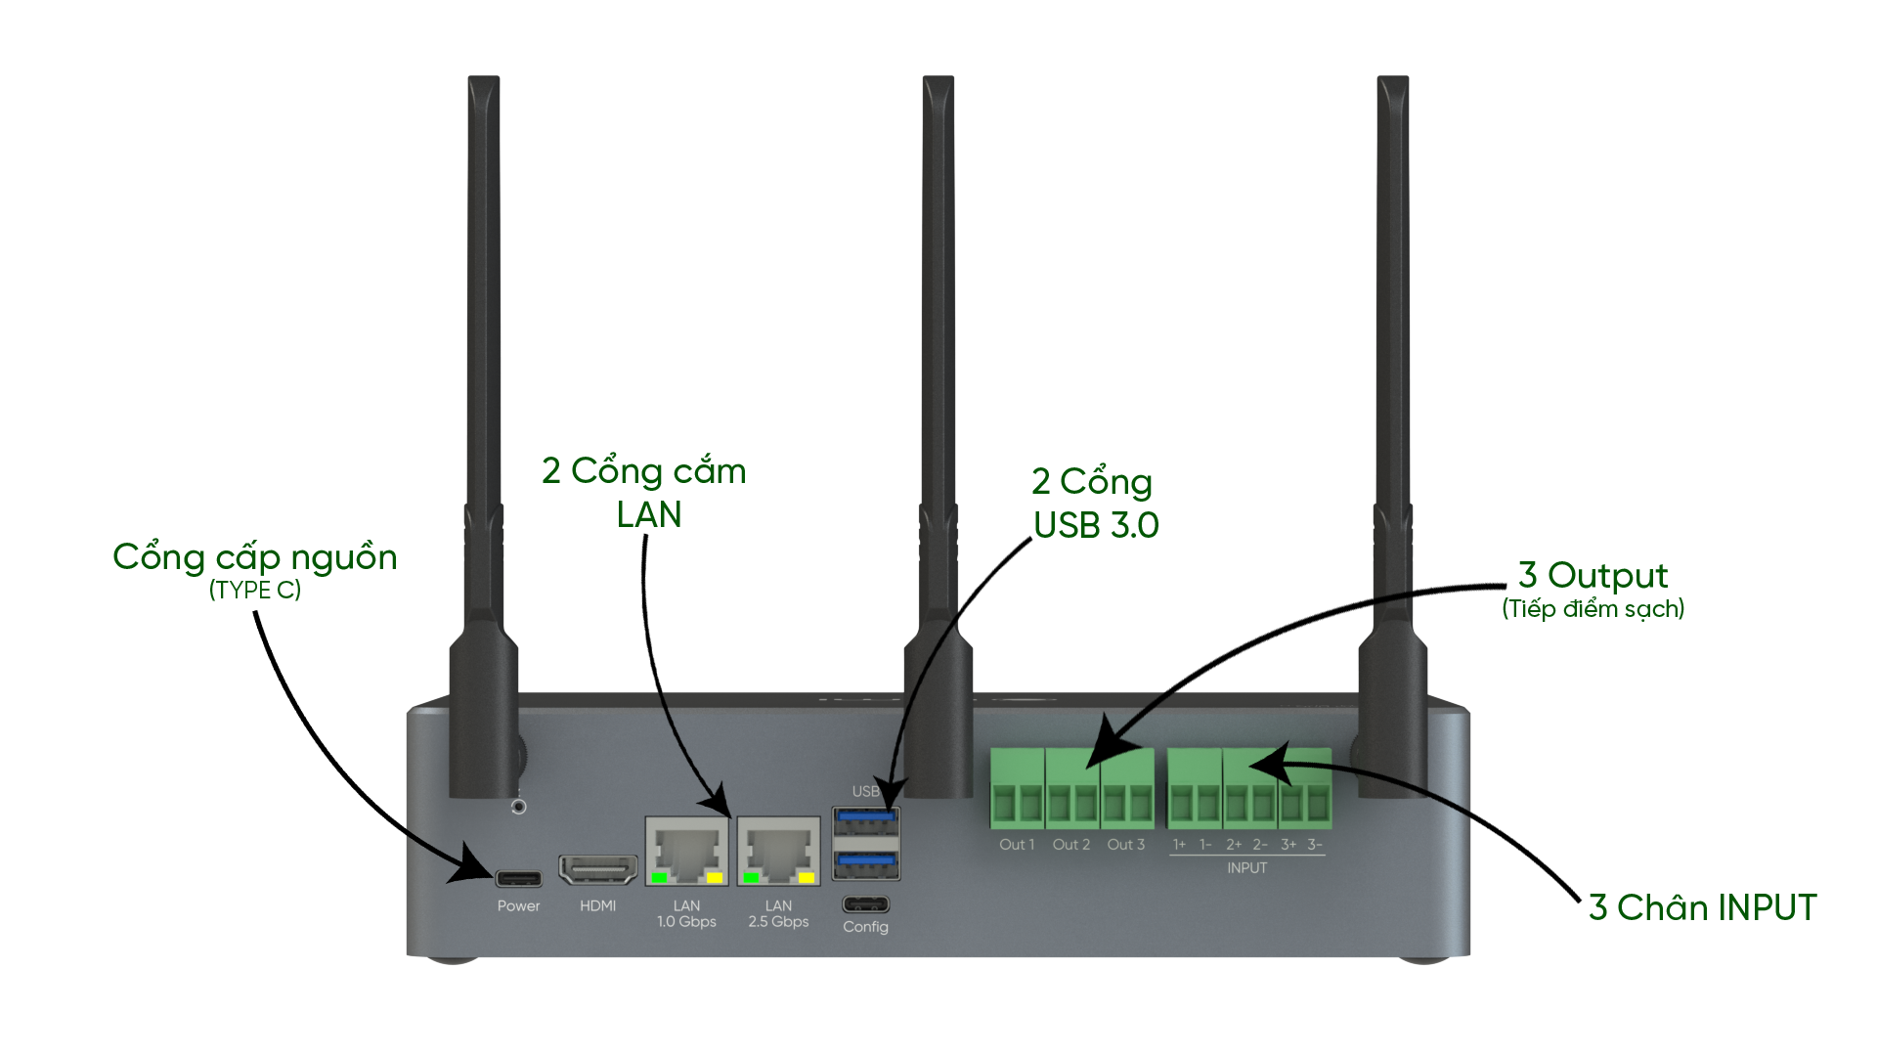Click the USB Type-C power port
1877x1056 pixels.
[x=518, y=877]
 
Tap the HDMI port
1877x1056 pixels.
[x=597, y=869]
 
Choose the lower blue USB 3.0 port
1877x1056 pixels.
[x=865, y=862]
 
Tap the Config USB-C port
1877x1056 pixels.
[x=865, y=903]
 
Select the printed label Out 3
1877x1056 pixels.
[x=1125, y=845]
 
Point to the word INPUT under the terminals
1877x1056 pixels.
[x=1246, y=868]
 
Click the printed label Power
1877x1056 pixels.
[x=518, y=906]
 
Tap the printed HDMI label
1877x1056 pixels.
[x=597, y=906]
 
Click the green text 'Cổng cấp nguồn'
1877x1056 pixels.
[x=254, y=557]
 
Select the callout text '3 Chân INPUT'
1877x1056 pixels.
[x=1702, y=908]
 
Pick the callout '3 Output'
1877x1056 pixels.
[x=1593, y=576]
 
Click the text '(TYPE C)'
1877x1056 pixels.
[x=254, y=591]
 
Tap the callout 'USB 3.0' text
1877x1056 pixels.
[x=1096, y=526]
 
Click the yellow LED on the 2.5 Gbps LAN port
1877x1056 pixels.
[x=807, y=878]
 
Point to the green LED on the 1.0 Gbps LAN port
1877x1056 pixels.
[x=660, y=878]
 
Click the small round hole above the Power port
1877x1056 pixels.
[x=519, y=807]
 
